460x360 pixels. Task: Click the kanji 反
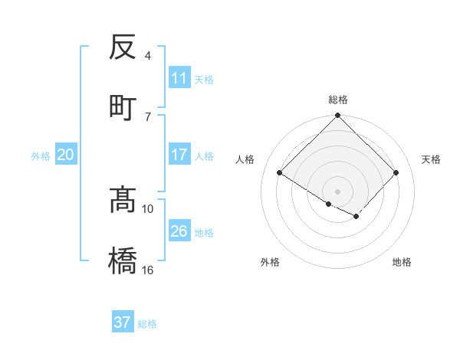point(123,47)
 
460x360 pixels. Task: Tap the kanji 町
point(123,107)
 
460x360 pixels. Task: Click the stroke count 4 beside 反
point(148,56)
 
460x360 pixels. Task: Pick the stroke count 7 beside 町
point(148,116)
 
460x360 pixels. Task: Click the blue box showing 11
point(179,78)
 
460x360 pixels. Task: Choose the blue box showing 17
point(179,155)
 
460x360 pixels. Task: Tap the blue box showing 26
point(179,231)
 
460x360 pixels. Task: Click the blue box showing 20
point(66,155)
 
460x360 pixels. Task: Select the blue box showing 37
point(123,322)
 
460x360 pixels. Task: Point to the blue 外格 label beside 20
point(41,156)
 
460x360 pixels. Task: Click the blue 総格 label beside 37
point(147,324)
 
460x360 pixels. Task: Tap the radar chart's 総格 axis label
point(338,100)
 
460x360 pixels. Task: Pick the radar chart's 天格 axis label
point(431,159)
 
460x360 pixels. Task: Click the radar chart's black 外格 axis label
point(270,262)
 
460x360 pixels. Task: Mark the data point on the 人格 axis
point(280,173)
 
